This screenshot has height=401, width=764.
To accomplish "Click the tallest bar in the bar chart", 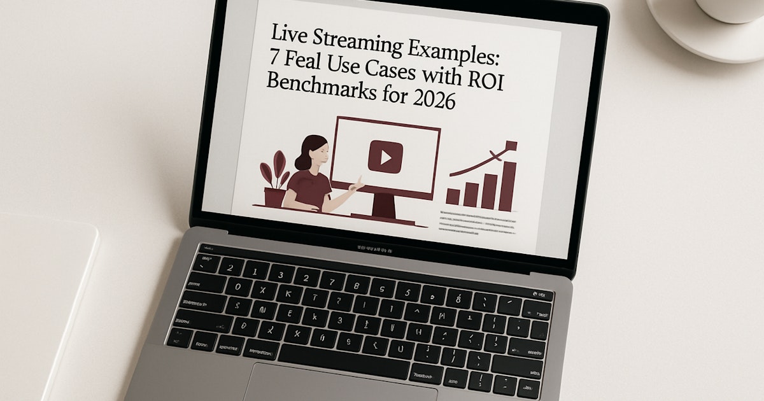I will (507, 185).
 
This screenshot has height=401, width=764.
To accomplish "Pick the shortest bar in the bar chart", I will (453, 197).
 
